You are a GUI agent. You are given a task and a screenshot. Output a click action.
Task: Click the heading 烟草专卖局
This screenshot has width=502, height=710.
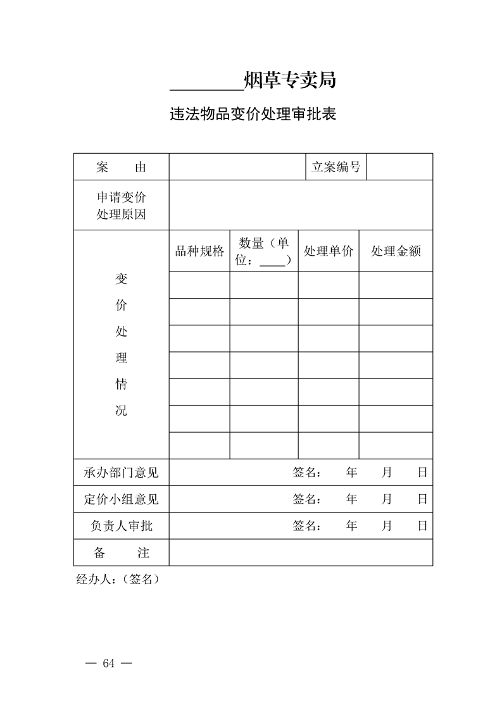289,80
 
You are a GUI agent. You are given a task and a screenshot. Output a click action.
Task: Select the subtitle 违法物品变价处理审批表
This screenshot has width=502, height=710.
252,115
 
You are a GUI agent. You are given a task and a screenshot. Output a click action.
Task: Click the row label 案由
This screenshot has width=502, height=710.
122,167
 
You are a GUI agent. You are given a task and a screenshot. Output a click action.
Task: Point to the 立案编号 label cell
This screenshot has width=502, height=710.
336,167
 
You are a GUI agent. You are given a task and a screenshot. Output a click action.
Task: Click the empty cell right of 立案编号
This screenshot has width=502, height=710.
399,167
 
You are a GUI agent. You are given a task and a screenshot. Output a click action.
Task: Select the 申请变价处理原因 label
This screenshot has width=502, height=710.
122,206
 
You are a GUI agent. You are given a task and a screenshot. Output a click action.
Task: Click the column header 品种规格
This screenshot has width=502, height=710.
199,251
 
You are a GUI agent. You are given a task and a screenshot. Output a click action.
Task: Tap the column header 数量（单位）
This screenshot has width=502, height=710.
264,251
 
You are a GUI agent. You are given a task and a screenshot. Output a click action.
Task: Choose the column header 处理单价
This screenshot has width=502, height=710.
329,251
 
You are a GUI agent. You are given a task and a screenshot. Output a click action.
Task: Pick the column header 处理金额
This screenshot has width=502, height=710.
396,251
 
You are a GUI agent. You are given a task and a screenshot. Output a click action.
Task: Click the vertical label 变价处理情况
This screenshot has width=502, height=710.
121,345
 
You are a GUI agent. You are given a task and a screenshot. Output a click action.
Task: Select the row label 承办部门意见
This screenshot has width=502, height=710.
122,473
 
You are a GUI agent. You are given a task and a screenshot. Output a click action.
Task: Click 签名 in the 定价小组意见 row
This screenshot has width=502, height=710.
306,499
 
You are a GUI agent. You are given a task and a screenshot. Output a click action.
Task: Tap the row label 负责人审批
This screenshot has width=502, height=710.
122,526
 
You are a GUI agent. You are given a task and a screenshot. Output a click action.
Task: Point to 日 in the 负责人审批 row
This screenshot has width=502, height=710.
422,526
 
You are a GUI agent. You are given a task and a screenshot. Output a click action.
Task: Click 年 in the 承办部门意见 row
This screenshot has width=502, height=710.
352,473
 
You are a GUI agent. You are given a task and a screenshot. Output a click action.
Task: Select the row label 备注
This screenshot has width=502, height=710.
122,552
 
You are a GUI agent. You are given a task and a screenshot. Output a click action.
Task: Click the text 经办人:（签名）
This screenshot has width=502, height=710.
118,579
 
